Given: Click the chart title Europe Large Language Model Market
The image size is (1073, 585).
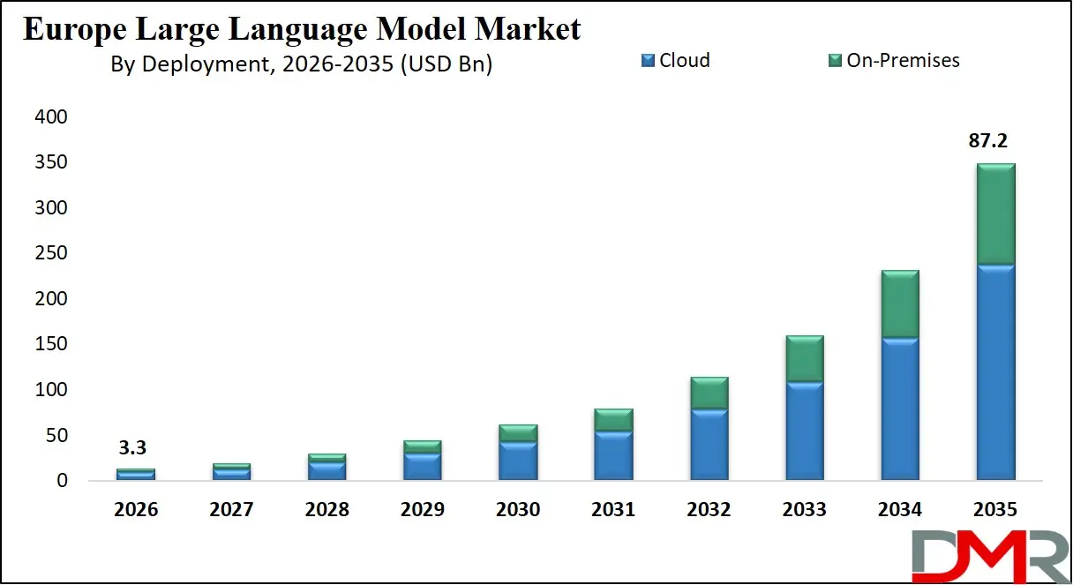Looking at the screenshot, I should coord(302,28).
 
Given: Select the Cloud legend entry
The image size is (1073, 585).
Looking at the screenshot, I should coord(675,61).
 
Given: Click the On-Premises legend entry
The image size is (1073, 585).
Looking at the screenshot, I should coord(893,61).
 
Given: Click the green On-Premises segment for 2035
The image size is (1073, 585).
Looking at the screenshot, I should coord(995,214).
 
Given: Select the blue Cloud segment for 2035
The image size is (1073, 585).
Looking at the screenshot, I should coord(995,371).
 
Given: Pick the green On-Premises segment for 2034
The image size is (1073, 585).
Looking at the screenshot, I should coord(900,304).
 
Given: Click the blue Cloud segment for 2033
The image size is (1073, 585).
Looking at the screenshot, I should coord(805,431).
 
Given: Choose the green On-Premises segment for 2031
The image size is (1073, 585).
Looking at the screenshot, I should coord(613,420).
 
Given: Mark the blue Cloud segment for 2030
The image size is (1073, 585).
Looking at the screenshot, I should coord(518,461).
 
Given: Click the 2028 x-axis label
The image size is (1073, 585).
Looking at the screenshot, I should coord(326,510).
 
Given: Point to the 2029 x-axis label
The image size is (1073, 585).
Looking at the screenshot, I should coord(422,510).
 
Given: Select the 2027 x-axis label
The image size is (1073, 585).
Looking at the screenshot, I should coord(231,510).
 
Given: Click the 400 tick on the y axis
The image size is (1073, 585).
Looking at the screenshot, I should coord(49,117).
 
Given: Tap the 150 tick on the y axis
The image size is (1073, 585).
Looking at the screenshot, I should coord(49,344).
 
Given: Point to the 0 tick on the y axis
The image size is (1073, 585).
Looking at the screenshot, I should coord(62,481).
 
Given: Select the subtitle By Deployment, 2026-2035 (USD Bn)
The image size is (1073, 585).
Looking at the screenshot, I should coord(302,64).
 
